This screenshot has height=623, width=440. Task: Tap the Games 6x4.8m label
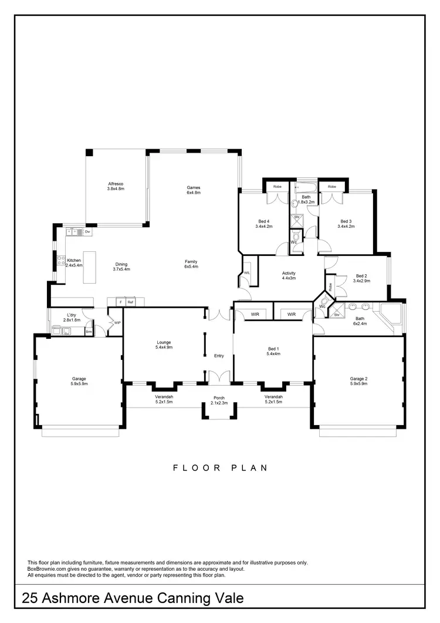click(194, 190)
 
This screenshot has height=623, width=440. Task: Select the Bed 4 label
click(264, 224)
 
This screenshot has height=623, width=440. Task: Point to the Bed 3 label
click(346, 224)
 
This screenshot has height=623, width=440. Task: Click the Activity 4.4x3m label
click(289, 276)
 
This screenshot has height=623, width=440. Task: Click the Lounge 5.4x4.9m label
click(164, 345)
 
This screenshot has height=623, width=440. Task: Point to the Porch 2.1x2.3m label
click(219, 400)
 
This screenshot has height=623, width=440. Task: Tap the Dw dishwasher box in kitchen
click(87, 232)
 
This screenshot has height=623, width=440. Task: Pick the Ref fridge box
click(131, 302)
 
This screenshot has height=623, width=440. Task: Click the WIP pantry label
click(117, 322)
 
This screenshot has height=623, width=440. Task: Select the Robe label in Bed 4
click(276, 186)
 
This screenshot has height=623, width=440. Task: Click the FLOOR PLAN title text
click(220, 468)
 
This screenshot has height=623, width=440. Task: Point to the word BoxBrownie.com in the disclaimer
click(48, 568)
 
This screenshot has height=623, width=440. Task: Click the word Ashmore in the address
click(81, 599)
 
